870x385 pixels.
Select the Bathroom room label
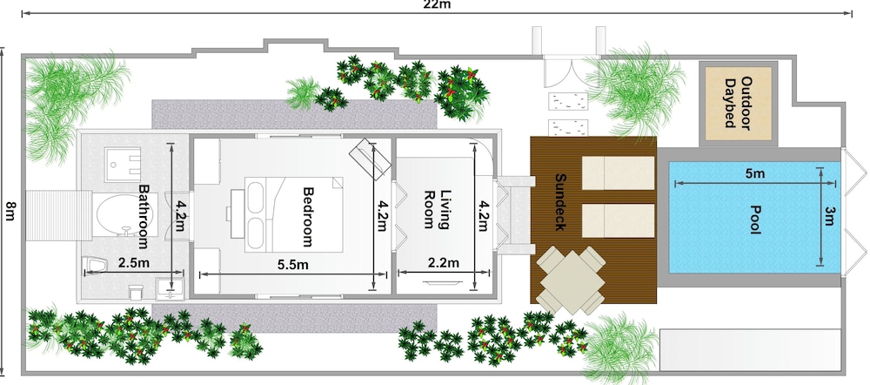[x=144, y=217]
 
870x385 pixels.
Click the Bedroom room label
[x=308, y=216]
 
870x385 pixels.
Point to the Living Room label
[x=436, y=209]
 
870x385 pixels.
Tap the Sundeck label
[x=560, y=202]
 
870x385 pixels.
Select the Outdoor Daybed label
[x=739, y=103]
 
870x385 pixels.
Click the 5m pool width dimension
[x=754, y=174]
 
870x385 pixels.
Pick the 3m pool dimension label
[x=830, y=216]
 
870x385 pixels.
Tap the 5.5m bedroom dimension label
[x=293, y=265]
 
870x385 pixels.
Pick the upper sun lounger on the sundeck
[x=618, y=172]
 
